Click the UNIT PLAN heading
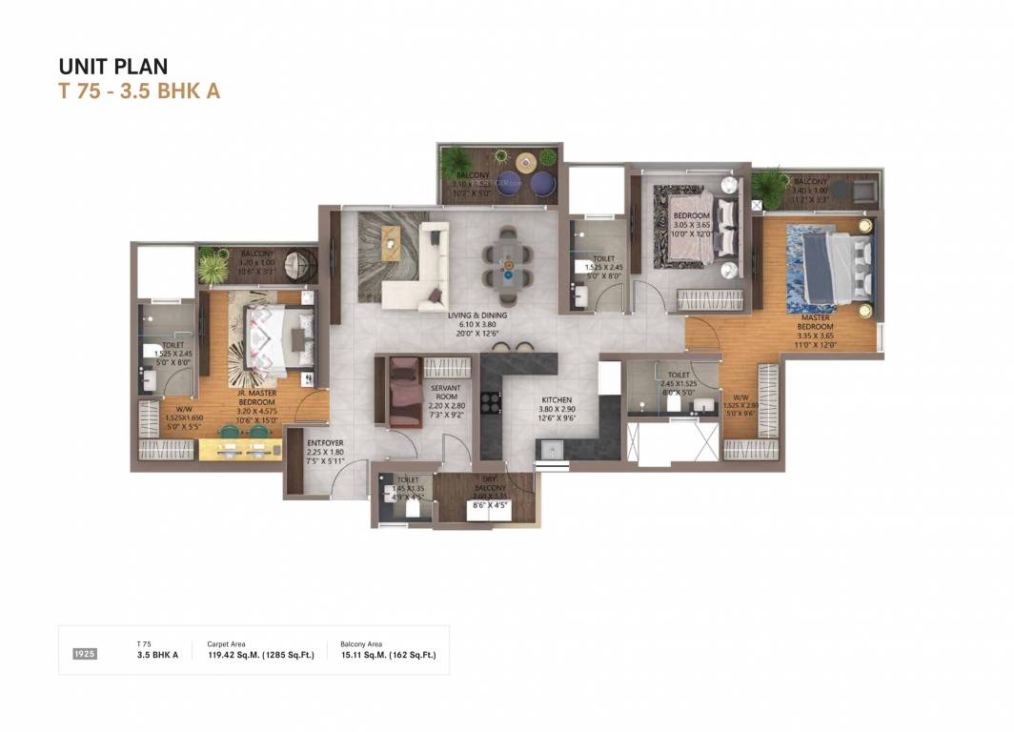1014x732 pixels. pyautogui.click(x=113, y=66)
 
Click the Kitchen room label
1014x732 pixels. pyautogui.click(x=557, y=400)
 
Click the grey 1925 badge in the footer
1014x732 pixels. pyautogui.click(x=85, y=654)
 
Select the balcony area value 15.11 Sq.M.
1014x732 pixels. pyautogui.click(x=388, y=655)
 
